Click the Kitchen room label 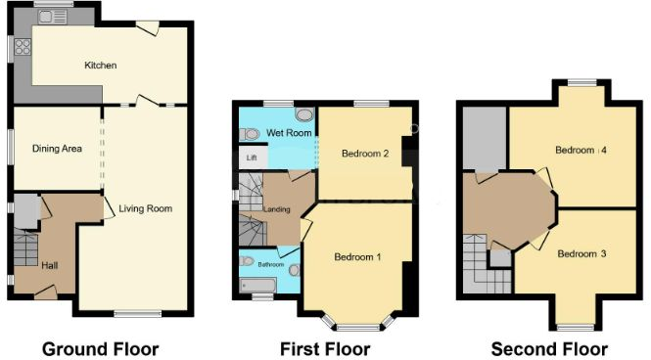click(101, 66)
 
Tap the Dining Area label click(57, 149)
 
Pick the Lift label click(252, 157)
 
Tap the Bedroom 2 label click(365, 154)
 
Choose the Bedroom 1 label click(358, 257)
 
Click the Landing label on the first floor click(278, 208)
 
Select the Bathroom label click(271, 264)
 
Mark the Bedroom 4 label click(581, 151)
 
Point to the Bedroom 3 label click(581, 253)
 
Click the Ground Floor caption click(101, 349)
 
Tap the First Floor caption click(325, 349)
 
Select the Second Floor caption click(549, 349)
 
